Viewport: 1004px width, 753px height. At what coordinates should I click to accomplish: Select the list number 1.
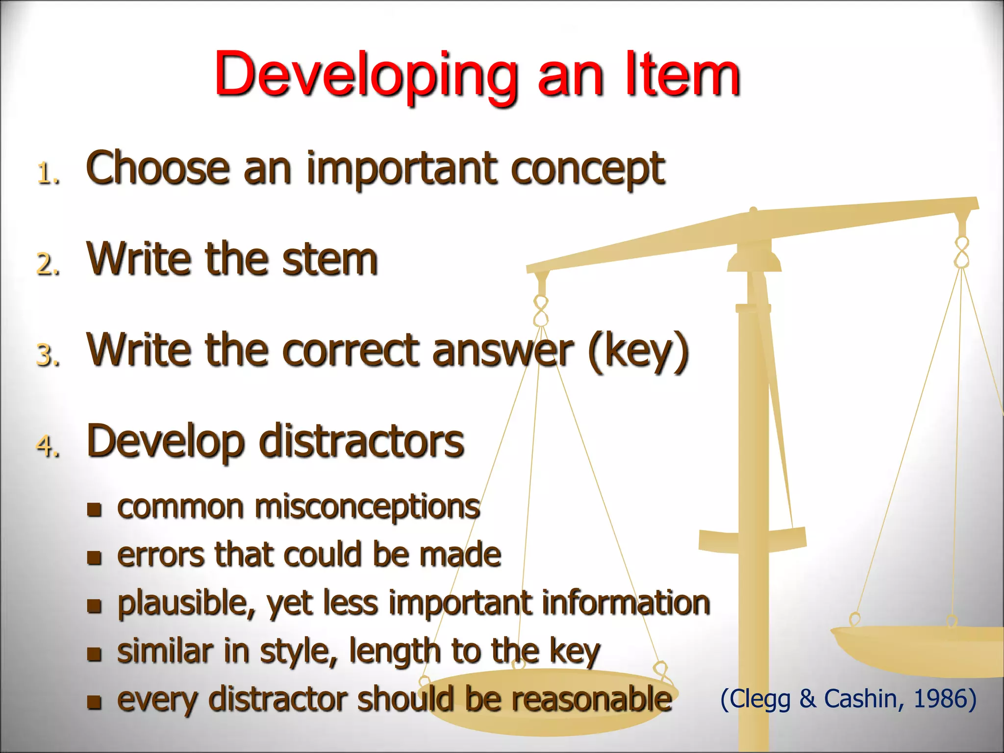point(48,174)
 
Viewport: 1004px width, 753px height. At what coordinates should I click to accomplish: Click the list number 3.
point(48,355)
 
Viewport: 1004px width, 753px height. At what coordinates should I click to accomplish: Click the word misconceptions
point(367,507)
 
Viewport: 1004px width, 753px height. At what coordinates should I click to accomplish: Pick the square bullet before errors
point(94,557)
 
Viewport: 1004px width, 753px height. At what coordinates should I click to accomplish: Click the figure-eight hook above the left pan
point(541,311)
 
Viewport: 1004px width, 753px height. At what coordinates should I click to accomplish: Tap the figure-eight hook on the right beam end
point(962,252)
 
